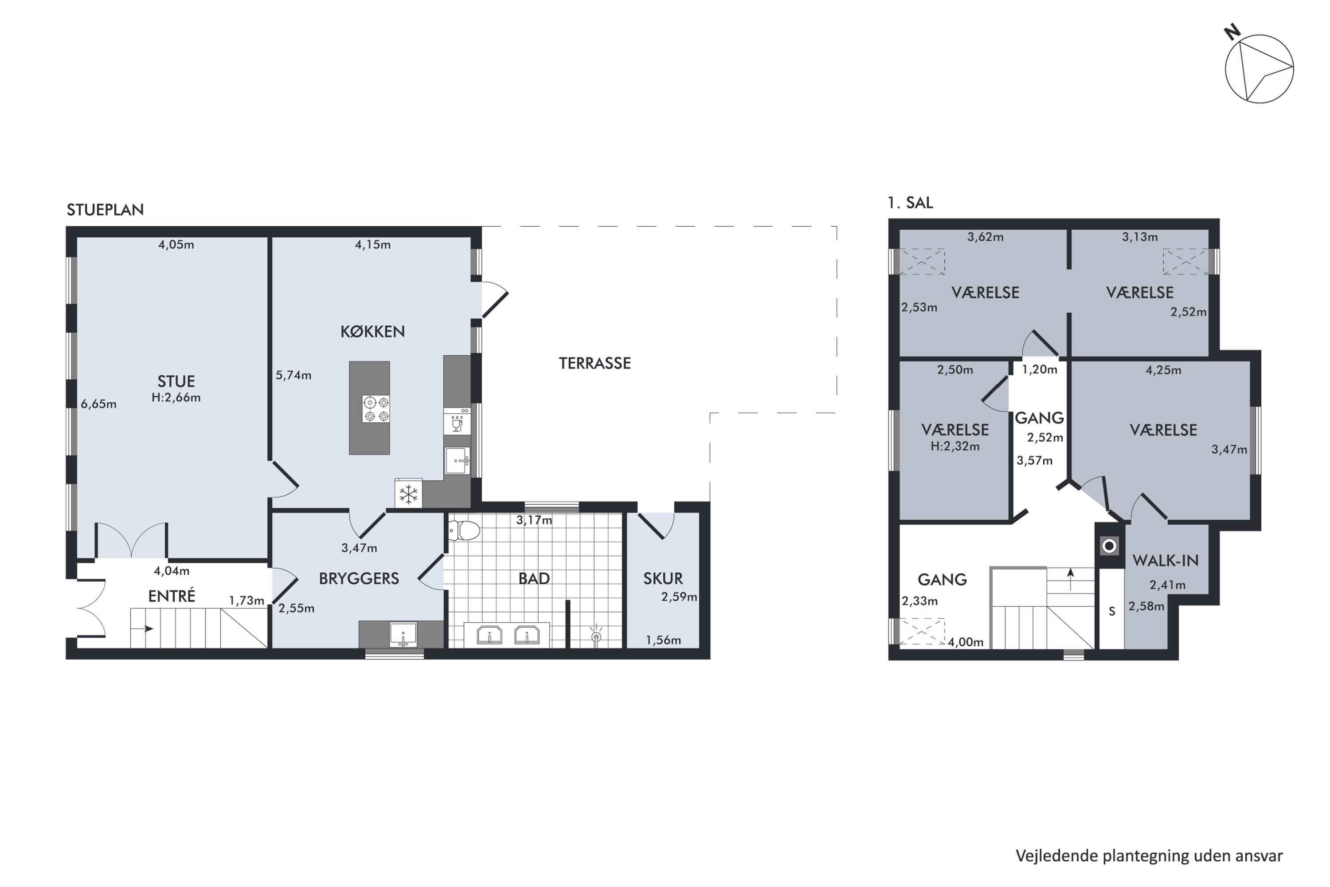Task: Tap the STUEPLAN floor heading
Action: coord(105,210)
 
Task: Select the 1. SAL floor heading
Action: coord(911,203)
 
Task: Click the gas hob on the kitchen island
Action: coord(376,409)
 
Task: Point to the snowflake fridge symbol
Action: coord(408,494)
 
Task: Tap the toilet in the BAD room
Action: coord(464,530)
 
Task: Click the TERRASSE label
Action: coord(595,363)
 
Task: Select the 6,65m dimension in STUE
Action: coord(98,404)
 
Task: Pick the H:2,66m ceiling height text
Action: coord(176,397)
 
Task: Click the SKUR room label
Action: coord(663,578)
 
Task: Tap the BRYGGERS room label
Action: coord(359,578)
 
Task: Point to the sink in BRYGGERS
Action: coord(403,635)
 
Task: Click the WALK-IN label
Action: coord(1166,560)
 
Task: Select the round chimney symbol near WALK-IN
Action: coord(1110,546)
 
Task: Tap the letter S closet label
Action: coord(1112,612)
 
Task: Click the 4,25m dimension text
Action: coord(1163,370)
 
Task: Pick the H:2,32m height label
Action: coord(955,446)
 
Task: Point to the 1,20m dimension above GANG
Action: coord(1039,369)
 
